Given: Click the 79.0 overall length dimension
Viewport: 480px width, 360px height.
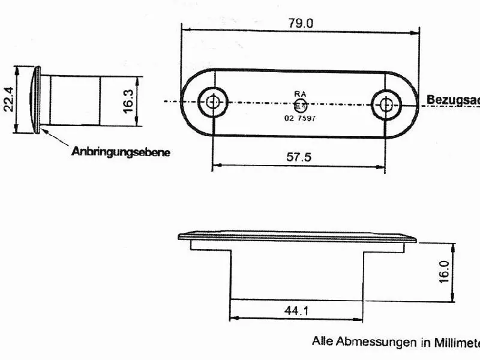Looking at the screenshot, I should point(301,23).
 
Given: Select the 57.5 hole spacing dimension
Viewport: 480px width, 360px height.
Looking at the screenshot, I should point(298,157).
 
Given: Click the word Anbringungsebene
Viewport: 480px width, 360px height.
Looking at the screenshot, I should point(121,152).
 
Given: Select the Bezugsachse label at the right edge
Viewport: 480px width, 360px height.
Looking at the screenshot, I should point(453,100).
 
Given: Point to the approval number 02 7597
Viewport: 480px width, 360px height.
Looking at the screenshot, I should point(300,118).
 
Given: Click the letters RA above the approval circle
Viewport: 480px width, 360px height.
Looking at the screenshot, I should point(300,94).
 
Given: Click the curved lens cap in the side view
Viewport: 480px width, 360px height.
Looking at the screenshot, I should point(35,100).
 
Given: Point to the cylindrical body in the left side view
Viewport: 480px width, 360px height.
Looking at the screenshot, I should point(75,101).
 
